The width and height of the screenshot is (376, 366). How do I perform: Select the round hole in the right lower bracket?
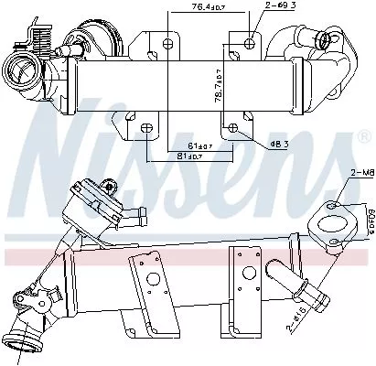click(x=245, y=270)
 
